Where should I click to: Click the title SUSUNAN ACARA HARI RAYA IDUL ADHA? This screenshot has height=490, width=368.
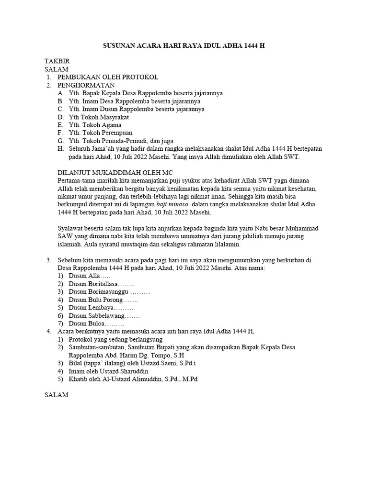184,47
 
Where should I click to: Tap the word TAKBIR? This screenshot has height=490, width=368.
57,62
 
